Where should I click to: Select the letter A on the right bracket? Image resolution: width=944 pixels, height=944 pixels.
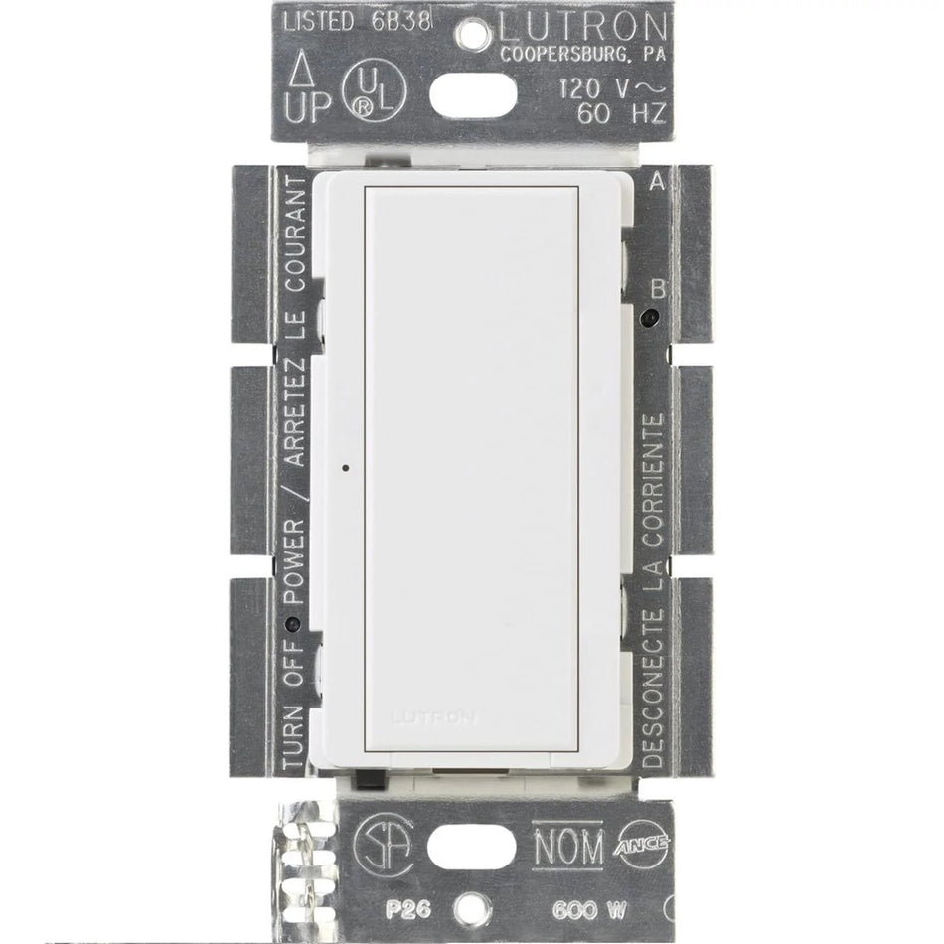pos(655,183)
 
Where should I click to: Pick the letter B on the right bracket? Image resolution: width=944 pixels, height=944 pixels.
pos(655,288)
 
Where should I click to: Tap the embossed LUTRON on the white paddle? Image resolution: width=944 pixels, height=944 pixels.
pos(433,715)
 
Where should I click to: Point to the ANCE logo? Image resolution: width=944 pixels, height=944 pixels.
pos(646,844)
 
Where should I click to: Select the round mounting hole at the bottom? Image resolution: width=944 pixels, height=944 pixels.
pos(472,907)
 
